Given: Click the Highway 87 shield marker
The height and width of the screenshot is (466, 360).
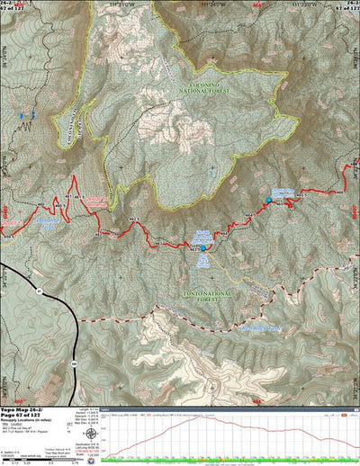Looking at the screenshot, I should point(39,291).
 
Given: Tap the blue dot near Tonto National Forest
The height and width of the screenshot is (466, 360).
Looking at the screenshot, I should point(202,247).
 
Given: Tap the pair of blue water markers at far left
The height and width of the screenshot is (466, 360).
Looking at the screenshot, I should point(29,117).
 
